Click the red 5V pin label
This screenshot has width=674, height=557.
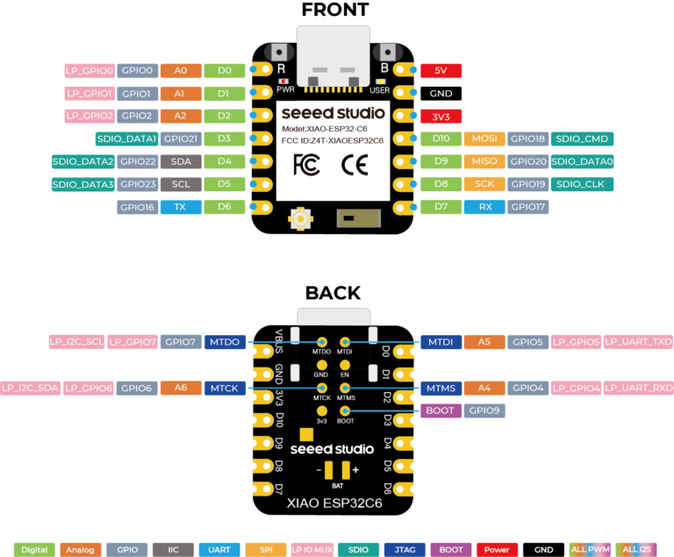click(x=441, y=70)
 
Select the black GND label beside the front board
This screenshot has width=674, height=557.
click(x=441, y=93)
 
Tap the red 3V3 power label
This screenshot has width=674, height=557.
click(x=441, y=117)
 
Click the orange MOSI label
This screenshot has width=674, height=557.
click(x=484, y=139)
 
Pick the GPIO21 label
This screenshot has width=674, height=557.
click(x=181, y=139)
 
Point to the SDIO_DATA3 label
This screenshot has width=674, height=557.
click(x=83, y=184)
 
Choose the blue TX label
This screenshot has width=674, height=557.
click(x=181, y=207)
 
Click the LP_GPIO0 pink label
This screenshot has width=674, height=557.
click(x=90, y=70)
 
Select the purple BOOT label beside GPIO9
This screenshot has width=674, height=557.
click(x=441, y=411)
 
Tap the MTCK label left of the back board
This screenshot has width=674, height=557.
click(x=225, y=388)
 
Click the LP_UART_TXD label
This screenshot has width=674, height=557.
click(x=638, y=342)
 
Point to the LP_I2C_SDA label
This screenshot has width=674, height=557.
click(x=30, y=388)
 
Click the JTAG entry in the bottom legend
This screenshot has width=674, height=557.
click(x=405, y=550)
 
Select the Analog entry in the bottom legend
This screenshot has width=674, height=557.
click(x=81, y=550)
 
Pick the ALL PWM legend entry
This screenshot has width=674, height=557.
click(x=590, y=550)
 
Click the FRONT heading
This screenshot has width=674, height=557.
click(x=335, y=10)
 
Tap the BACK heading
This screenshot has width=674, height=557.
click(x=333, y=293)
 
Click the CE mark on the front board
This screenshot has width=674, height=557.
click(x=355, y=166)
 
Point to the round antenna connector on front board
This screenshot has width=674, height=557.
click(x=300, y=219)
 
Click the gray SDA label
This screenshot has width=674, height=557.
click(x=181, y=161)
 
